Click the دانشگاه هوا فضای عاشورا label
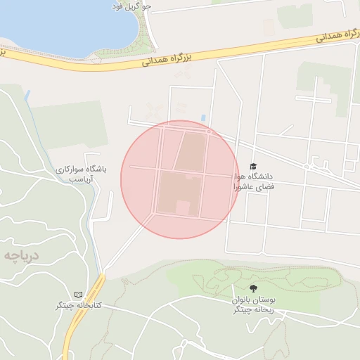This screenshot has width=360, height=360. [255, 181]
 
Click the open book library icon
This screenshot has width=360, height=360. [78, 294]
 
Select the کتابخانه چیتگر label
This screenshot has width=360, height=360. [79, 306]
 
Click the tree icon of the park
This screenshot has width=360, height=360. [253, 288]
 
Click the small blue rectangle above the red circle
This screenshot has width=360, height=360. [204, 117]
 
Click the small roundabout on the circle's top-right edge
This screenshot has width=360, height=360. [210, 132]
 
